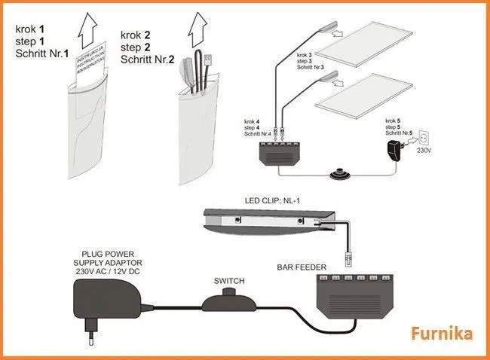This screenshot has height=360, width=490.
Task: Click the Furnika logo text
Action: tap(443, 333)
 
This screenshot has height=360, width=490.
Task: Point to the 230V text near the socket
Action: tap(424, 150)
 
